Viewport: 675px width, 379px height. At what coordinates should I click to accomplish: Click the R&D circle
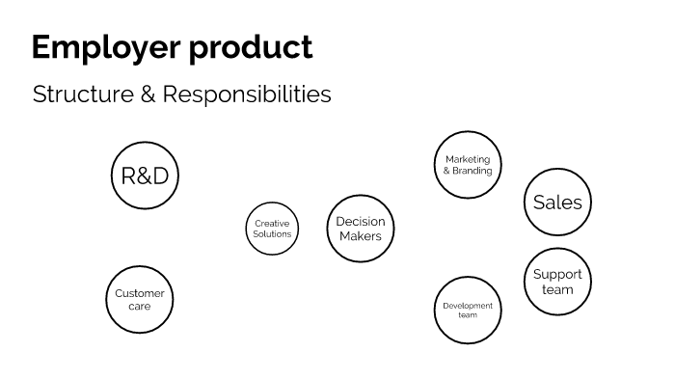145,176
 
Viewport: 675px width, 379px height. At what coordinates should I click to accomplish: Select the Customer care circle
139,300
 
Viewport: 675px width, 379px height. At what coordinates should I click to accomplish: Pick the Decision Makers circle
361,229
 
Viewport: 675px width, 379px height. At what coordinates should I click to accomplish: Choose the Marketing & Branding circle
468,165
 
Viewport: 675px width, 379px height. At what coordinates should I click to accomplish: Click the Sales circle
557,203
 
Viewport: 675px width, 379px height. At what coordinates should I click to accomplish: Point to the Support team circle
557,282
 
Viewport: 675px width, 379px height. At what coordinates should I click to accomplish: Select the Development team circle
468,310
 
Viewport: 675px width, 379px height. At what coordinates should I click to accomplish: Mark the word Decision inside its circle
361,222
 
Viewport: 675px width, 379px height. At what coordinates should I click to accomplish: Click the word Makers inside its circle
361,236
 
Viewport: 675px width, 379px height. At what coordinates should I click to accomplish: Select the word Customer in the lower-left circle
139,293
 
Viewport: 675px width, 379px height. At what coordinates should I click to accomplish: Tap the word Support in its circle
557,275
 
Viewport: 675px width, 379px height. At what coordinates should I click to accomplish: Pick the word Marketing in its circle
468,159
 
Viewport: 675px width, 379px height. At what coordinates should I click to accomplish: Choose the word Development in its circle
468,306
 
